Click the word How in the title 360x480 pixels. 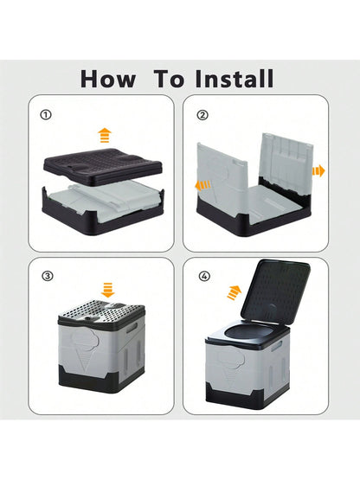click(108, 79)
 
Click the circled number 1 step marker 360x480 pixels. click(46, 113)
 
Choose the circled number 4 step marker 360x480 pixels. click(203, 276)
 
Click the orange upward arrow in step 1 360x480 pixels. click(104, 135)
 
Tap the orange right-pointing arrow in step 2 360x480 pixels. click(318, 170)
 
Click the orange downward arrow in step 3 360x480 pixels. click(107, 288)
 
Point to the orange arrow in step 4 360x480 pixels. click(234, 290)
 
